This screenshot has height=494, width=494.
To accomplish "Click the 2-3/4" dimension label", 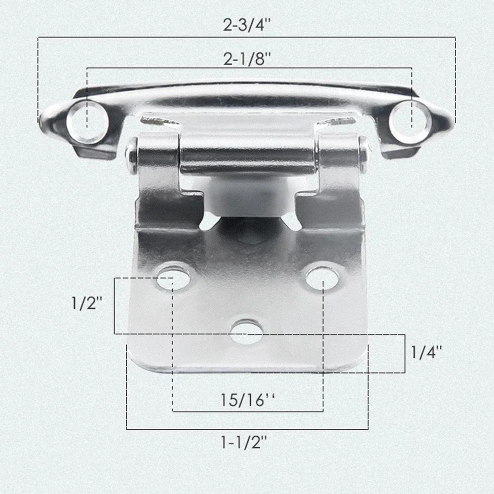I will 247,25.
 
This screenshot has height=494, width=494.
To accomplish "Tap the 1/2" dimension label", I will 87,304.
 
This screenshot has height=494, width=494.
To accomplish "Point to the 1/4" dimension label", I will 426,352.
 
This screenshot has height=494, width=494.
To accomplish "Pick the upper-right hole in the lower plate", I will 322,278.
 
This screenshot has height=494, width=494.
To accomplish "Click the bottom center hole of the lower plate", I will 246,332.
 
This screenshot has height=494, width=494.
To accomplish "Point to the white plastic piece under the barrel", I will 249,195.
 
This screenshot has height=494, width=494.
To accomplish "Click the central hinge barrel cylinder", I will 247,153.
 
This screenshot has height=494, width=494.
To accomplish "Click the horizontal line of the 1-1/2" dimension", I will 247,429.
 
